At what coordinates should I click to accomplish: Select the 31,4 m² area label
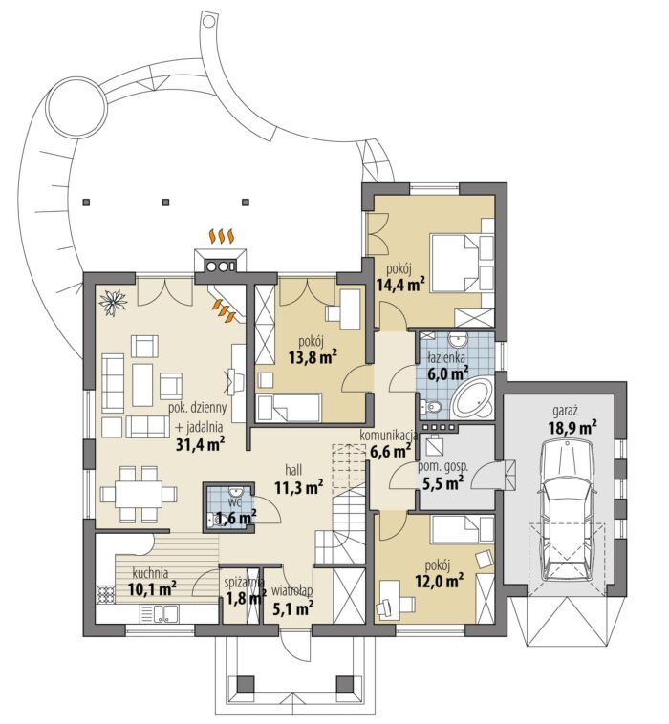pos(201,444)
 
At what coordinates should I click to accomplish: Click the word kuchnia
pos(150,573)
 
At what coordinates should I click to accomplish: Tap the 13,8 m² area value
pos(313,357)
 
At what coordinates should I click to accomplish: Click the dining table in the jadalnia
pos(140,495)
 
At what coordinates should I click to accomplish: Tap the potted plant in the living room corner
pos(113,302)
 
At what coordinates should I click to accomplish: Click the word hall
pos(293,470)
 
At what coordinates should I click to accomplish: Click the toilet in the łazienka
pos(430,407)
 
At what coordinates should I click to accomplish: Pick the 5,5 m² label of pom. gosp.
pos(443,483)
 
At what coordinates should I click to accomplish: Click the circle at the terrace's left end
pos(76,111)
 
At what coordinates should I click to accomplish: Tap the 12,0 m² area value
pos(440,581)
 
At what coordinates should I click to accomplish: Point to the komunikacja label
pos(389,436)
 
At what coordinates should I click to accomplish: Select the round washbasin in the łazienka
pos(459,341)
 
